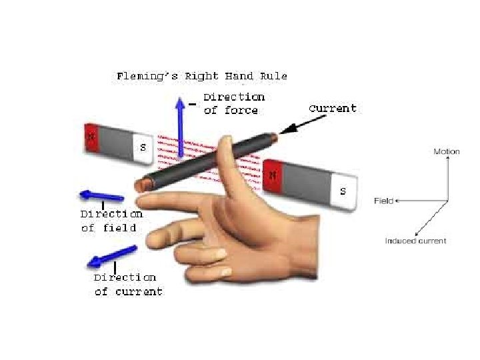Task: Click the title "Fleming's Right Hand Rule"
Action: (201, 76)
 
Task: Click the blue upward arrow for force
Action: (179, 127)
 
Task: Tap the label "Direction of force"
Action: (234, 104)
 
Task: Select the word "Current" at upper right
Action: (332, 108)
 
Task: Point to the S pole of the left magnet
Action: (143, 147)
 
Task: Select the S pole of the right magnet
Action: (343, 191)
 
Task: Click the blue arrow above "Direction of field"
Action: (101, 196)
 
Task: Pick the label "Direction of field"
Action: (111, 221)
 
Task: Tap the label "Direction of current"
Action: (127, 284)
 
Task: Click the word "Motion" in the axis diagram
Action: (447, 152)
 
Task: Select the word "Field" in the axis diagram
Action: (383, 201)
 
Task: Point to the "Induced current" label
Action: (415, 241)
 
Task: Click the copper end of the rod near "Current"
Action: (274, 137)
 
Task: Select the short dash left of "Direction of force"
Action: (192, 104)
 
